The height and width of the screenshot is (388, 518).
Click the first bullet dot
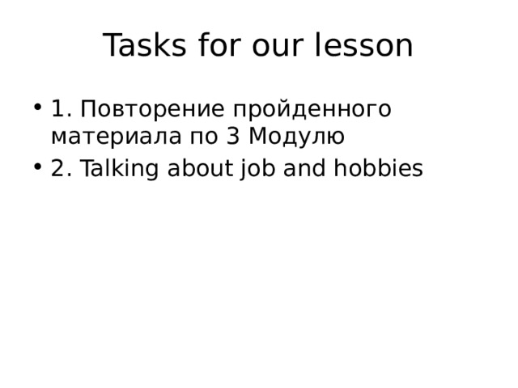click(x=39, y=108)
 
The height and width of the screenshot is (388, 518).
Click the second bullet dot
click(x=39, y=169)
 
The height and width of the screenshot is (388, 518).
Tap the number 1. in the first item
click(x=62, y=108)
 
